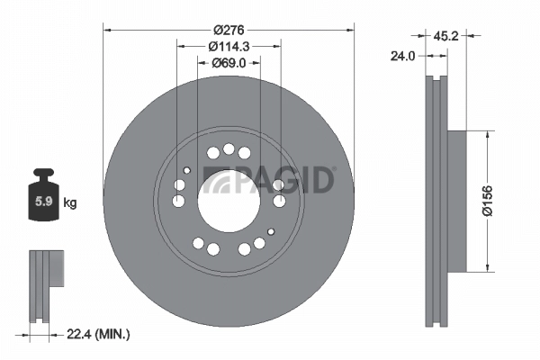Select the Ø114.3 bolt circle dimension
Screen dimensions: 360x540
(x=229, y=46)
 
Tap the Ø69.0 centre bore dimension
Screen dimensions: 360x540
(x=229, y=63)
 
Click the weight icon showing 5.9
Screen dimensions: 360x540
(x=42, y=198)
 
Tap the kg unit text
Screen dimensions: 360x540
(x=70, y=203)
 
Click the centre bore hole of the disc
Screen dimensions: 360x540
(x=229, y=200)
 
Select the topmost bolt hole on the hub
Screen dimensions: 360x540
(x=229, y=149)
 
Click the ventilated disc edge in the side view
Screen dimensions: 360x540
(x=436, y=200)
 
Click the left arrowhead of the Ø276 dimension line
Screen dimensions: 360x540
(x=107, y=30)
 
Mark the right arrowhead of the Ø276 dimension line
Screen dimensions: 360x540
(x=351, y=30)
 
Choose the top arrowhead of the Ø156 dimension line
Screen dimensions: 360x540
(x=488, y=133)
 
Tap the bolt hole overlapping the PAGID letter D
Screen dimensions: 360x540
(x=279, y=185)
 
